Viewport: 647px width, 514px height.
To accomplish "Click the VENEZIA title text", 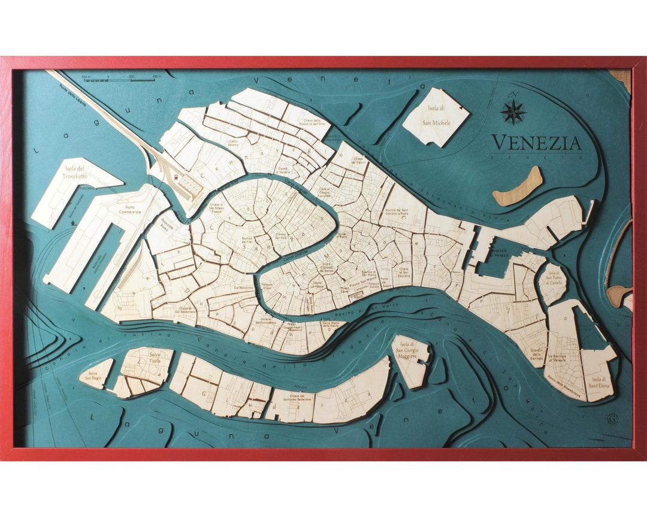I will tap(536, 143).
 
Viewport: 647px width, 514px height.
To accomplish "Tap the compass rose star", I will tap(513, 111).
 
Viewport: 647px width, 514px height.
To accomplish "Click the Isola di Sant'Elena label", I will tap(598, 382).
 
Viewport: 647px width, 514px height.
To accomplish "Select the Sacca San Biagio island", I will tap(95, 373).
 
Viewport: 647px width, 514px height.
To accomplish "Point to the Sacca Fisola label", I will tap(155, 358).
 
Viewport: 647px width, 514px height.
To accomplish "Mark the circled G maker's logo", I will tap(612, 419).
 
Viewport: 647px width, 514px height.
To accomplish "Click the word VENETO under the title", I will tap(536, 157).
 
